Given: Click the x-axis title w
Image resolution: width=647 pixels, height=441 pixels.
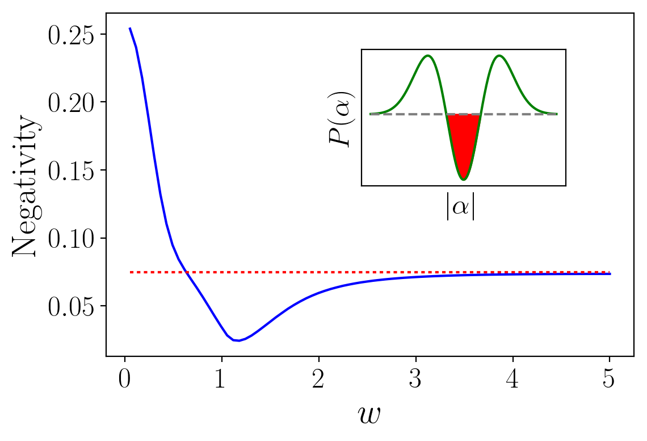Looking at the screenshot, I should point(368,415).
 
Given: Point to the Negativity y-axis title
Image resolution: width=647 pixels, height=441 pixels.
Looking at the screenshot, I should point(26,187).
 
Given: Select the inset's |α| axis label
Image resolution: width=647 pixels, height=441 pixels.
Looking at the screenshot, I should point(460,207).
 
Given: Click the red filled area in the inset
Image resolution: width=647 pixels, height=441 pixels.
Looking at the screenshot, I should point(464,142).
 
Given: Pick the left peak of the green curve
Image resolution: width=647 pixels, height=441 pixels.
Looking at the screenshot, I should point(428,56).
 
